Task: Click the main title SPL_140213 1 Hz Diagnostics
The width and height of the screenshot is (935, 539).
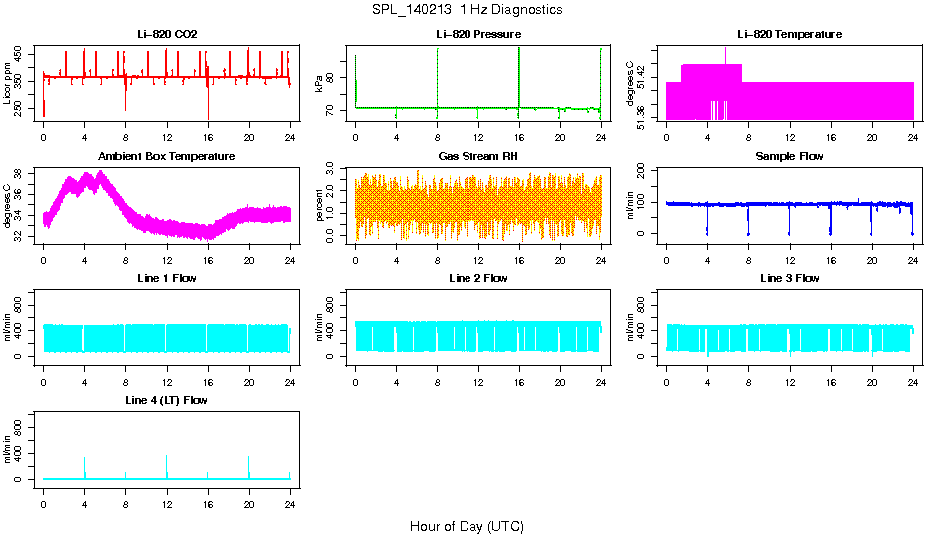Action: coord(467,10)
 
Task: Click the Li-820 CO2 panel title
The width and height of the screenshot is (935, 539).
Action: coord(167,34)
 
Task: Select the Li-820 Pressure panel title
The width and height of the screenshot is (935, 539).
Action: coord(478,34)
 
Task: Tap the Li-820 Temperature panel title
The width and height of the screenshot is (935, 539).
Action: coord(790,34)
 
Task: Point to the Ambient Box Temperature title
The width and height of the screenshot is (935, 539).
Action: coord(167,156)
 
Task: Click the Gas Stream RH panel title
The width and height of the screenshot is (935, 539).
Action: coord(478,156)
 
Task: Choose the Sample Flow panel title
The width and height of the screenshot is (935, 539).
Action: coord(790,156)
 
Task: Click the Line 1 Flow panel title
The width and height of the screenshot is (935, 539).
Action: coord(167,278)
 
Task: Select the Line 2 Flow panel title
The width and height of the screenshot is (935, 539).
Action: coord(478,278)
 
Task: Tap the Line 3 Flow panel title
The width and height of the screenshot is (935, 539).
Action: coord(790,278)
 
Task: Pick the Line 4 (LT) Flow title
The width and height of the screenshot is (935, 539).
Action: coord(167,400)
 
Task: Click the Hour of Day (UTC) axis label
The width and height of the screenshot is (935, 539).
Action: coord(467,526)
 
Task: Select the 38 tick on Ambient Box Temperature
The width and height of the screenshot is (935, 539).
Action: coord(21,174)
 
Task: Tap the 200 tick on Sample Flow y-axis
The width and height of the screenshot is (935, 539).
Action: coord(644,172)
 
